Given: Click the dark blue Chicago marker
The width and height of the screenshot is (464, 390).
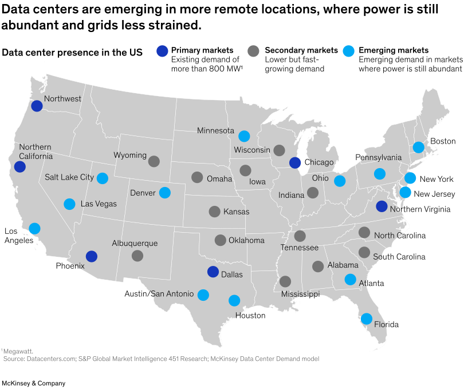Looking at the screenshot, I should [x=295, y=162].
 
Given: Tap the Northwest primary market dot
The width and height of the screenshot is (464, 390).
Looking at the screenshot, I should [x=37, y=106].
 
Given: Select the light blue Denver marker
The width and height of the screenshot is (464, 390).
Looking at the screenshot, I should [x=164, y=193].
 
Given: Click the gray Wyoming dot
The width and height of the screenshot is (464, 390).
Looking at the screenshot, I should [x=154, y=161].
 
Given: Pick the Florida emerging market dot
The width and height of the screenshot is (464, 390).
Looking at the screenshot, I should [x=366, y=319].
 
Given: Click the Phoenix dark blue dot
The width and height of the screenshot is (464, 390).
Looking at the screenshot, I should [x=91, y=257].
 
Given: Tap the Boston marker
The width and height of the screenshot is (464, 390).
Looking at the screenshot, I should [x=418, y=147].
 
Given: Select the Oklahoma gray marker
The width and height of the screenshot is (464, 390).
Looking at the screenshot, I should [x=221, y=240].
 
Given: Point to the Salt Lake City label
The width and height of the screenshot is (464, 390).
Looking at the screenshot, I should [x=69, y=177].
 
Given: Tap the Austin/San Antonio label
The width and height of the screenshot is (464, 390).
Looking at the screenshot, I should [x=159, y=294].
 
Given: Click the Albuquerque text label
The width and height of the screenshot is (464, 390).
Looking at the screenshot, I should [x=135, y=244].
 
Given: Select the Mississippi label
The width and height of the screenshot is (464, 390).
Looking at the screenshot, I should [x=300, y=294].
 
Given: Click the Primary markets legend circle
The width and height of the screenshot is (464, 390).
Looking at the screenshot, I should [x=163, y=50].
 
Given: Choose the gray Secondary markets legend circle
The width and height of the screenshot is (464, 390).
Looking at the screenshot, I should [x=254, y=50].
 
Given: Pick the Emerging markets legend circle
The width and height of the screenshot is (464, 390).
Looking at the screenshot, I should [x=347, y=50].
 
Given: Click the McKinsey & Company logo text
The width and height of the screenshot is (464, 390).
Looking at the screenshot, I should [x=33, y=383].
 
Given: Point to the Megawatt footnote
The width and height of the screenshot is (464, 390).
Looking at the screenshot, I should [x=17, y=351].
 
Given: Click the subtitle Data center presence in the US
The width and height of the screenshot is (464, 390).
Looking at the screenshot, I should [x=72, y=53].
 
